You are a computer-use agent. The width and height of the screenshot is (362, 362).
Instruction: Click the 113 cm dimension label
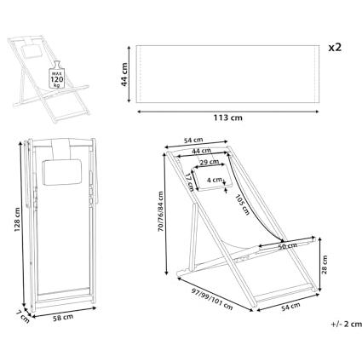228,118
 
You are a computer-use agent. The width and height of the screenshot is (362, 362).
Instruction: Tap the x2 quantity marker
335,48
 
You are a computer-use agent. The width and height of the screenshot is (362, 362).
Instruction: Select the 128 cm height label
17,220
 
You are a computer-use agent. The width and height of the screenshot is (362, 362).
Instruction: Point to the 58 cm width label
63,317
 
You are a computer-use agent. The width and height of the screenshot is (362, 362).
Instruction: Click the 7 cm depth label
22,317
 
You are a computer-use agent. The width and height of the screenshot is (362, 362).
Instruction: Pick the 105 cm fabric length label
242,204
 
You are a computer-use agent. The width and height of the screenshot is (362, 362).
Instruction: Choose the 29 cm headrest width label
210,162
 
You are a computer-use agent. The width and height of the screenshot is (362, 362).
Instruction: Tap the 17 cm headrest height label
188,182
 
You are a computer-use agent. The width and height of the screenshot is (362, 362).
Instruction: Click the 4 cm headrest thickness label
215,180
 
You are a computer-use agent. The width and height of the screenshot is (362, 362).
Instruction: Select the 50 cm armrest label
287,246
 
